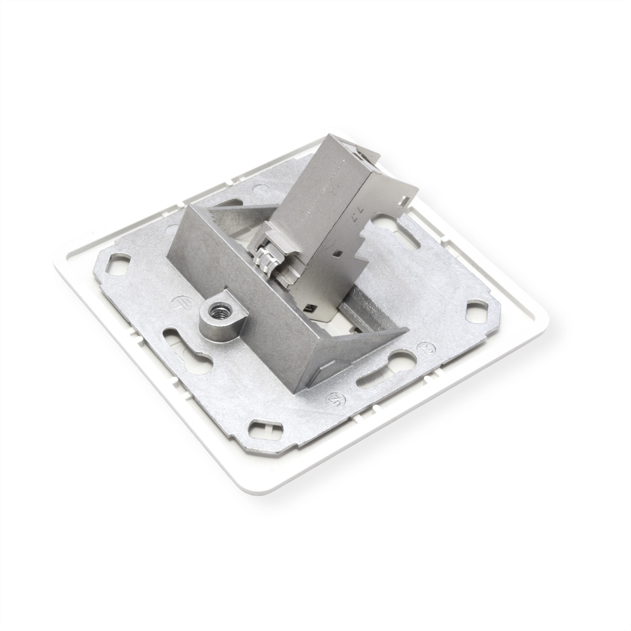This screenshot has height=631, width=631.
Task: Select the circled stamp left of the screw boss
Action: (177, 303)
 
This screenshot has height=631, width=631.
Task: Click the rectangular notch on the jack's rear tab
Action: (405, 200)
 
